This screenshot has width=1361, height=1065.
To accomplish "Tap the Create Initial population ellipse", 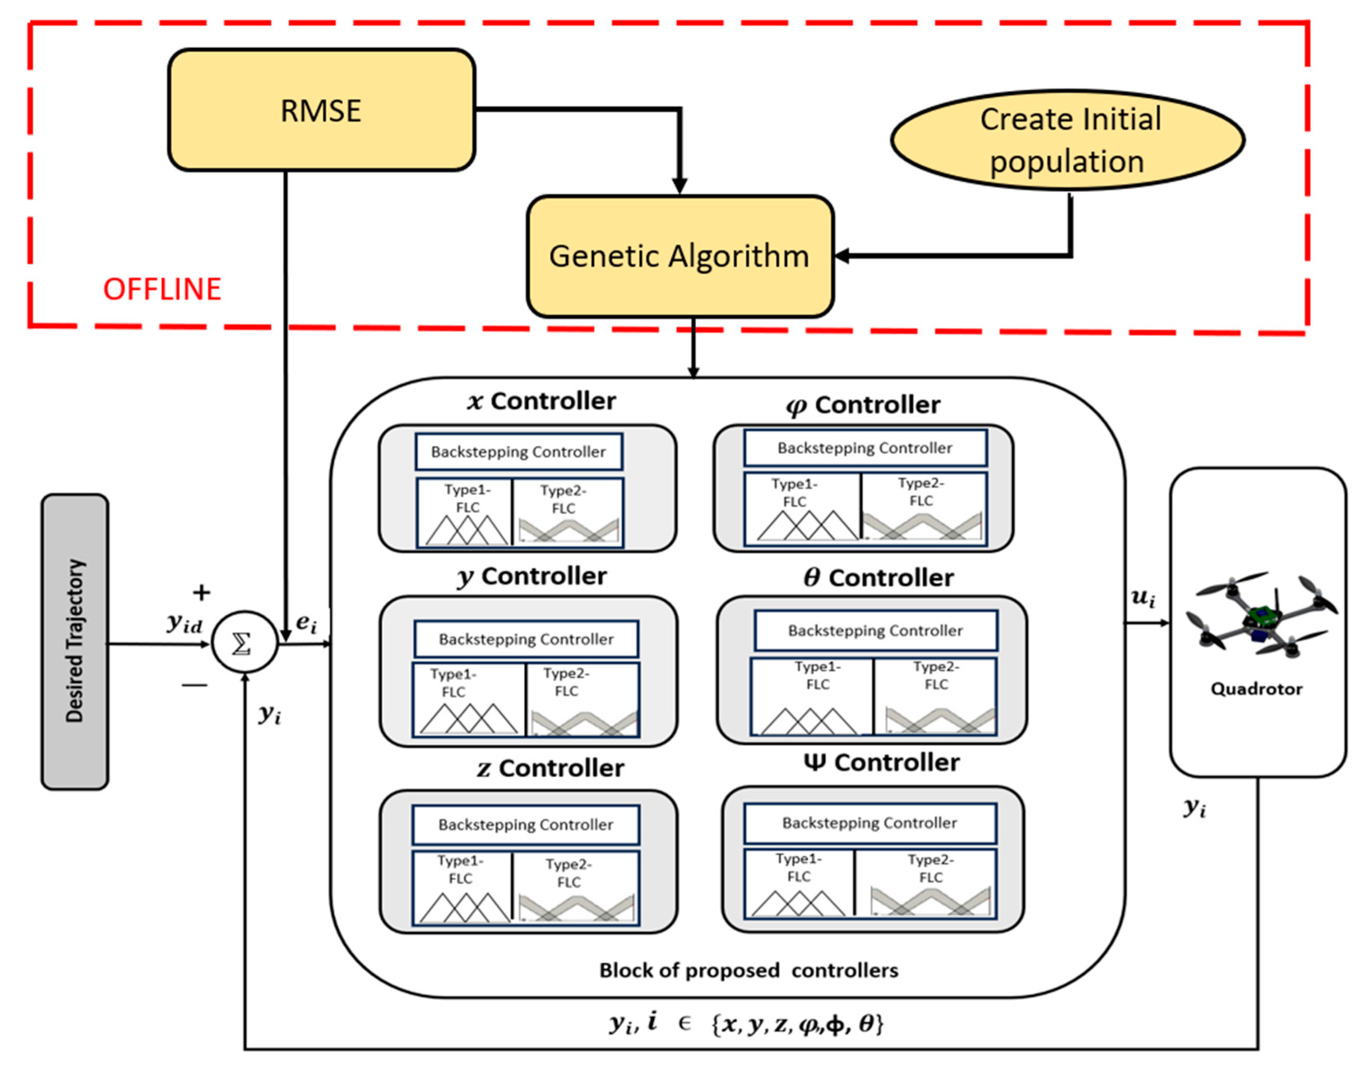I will (x=1067, y=140).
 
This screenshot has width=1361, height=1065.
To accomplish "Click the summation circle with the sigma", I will (x=244, y=642).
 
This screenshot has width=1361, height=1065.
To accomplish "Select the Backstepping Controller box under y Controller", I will (x=526, y=638).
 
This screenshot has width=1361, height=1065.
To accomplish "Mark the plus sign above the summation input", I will (x=201, y=592).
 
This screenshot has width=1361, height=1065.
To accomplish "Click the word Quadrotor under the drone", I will (x=1256, y=689).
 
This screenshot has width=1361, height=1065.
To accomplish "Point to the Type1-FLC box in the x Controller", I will (x=465, y=512).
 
